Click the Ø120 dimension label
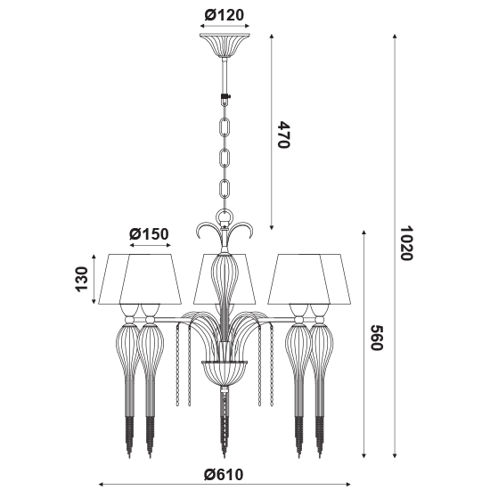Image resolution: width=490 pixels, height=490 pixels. click(224, 14)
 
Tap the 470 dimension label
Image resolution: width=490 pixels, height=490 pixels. click(283, 135)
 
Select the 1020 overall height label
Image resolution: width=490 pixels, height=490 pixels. click(407, 243)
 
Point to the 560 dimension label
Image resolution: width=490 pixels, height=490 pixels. click(376, 338)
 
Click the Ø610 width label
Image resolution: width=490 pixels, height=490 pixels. click(224, 474)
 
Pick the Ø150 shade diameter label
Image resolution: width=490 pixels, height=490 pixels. click(149, 233)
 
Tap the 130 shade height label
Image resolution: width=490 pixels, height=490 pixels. click(82, 279)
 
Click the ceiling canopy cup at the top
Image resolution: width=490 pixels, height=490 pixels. click(225, 45)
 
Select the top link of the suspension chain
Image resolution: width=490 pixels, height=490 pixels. click(225, 127)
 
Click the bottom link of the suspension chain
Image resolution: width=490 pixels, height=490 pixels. click(225, 189)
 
